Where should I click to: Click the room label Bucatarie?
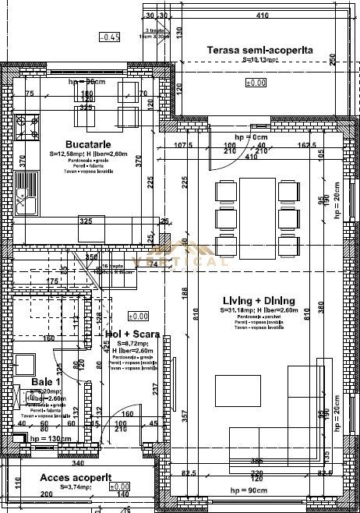(x=88, y=144)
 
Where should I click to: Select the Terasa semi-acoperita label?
(x=260, y=49)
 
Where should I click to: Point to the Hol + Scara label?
(x=132, y=334)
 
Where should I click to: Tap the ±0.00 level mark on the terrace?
(x=256, y=82)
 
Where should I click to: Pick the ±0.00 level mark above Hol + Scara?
(x=138, y=316)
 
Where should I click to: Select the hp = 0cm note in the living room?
(x=250, y=137)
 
